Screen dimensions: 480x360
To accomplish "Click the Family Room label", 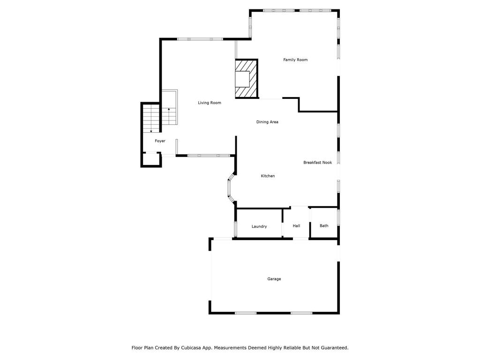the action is point(295,60).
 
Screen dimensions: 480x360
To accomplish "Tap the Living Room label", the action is point(210,103).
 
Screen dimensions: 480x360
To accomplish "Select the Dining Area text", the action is point(267,122).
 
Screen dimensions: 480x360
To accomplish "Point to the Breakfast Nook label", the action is point(317,163).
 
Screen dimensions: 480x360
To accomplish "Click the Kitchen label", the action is point(268,176).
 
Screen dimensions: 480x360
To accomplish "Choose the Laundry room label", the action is point(259,226).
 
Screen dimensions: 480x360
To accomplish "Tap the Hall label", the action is point(296,226).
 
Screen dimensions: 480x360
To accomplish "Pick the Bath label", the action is point(324,225).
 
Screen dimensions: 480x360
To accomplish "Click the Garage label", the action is point(274,279).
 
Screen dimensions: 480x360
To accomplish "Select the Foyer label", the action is point(160,141).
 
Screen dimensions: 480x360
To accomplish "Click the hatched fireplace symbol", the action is point(247,79).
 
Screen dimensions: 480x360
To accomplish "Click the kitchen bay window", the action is point(230,188).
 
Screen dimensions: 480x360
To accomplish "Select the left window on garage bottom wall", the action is point(246,313).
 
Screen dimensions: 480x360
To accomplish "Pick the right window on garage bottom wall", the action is point(301,313).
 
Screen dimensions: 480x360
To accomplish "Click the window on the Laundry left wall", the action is point(235,229).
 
